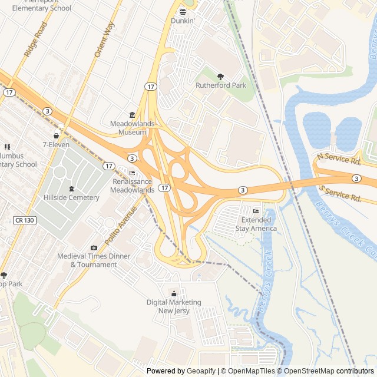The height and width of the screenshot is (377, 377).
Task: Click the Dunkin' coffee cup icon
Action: [183, 11]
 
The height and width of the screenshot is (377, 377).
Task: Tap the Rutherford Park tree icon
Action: [221, 76]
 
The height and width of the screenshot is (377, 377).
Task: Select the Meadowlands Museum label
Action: [132, 128]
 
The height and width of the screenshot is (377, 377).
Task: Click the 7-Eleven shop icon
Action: [57, 135]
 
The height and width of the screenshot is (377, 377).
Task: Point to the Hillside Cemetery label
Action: [71, 197]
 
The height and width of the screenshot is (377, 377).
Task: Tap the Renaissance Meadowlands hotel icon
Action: [132, 173]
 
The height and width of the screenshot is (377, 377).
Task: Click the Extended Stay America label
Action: [256, 224]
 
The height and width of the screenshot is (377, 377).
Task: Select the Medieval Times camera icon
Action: [94, 247]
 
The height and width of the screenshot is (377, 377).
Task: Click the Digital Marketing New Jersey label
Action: [174, 306]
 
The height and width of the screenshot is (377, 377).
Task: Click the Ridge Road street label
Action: [35, 39]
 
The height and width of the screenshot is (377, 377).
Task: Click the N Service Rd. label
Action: [338, 159]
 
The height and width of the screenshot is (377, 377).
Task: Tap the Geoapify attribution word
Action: [201, 371]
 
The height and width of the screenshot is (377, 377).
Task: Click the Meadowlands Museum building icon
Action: [132, 115]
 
